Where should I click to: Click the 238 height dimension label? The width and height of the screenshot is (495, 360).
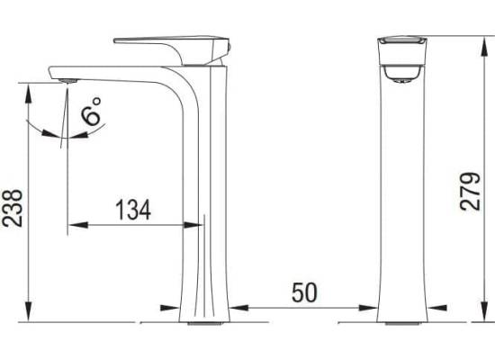pyautogui.click(x=13, y=209)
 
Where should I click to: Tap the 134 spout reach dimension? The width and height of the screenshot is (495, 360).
pyautogui.click(x=133, y=210)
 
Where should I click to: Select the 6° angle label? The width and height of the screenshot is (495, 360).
pyautogui.click(x=91, y=112)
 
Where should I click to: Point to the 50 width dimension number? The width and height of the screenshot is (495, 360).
pyautogui.click(x=304, y=292)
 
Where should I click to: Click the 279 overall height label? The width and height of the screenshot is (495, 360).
pyautogui.click(x=470, y=192)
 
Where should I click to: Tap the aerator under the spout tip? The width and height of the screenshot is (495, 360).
pyautogui.click(x=68, y=81)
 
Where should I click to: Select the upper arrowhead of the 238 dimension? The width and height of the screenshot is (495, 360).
pyautogui.click(x=29, y=94)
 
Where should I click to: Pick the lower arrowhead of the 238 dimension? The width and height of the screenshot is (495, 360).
pyautogui.click(x=29, y=312)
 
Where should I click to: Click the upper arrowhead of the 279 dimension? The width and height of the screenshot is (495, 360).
pyautogui.click(x=483, y=47)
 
